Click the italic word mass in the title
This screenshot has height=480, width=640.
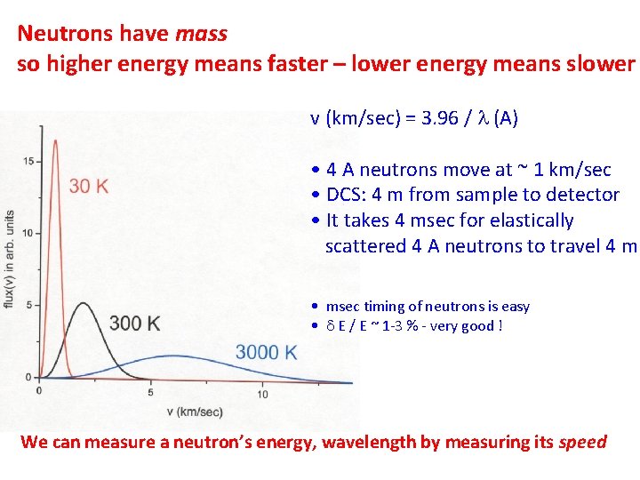pyautogui.click(x=202, y=35)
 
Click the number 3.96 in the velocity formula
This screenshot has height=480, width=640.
pyautogui.click(x=430, y=118)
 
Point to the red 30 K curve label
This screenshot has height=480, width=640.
pyautogui.click(x=89, y=186)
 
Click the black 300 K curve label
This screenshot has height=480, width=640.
pyautogui.click(x=134, y=324)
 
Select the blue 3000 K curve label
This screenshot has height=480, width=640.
pyautogui.click(x=267, y=353)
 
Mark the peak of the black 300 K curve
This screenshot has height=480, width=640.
pyautogui.click(x=82, y=304)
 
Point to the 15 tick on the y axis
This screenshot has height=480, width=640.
pyautogui.click(x=29, y=161)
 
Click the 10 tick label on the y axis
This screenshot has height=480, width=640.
pyautogui.click(x=29, y=233)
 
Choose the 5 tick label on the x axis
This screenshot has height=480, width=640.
pyautogui.click(x=150, y=393)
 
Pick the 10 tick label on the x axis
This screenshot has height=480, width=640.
pyautogui.click(x=262, y=393)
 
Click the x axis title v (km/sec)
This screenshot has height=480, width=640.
pyautogui.click(x=195, y=412)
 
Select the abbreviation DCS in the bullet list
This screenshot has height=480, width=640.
pyautogui.click(x=343, y=195)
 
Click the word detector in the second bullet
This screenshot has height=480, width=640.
pyautogui.click(x=584, y=195)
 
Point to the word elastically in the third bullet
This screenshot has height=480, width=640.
pyautogui.click(x=530, y=220)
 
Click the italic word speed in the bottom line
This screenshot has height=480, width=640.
pyautogui.click(x=582, y=442)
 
